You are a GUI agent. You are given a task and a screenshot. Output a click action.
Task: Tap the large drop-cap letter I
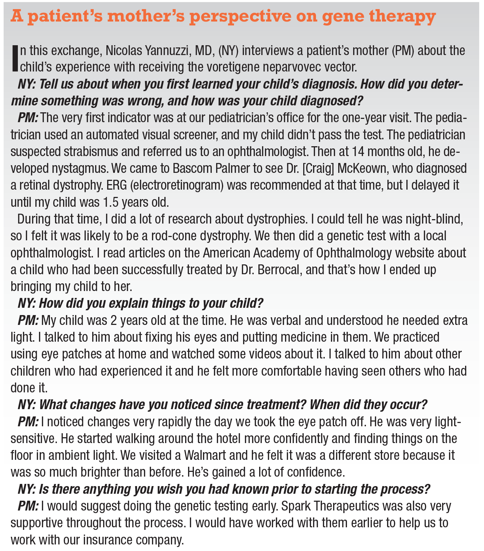15,58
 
